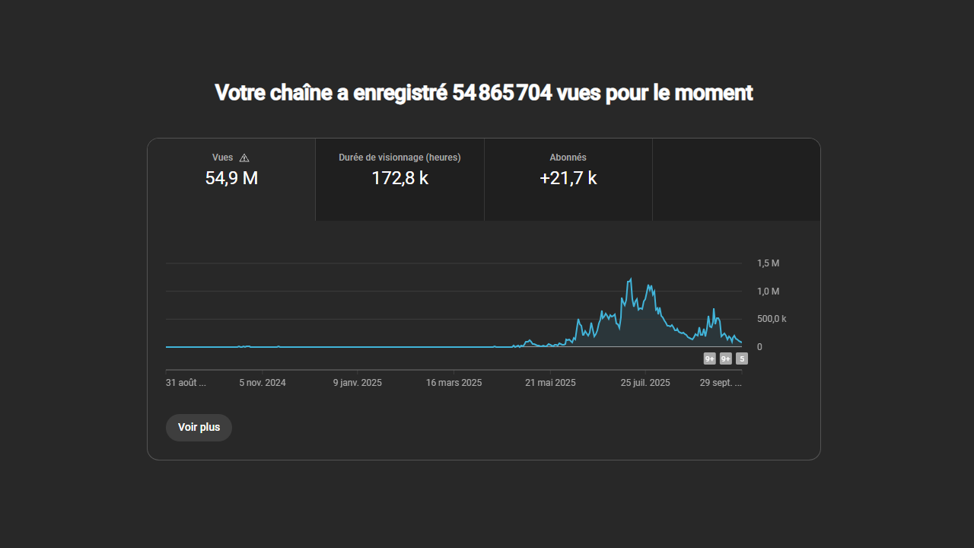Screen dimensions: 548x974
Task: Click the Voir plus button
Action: pos(199,428)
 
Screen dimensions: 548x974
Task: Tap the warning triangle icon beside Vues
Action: pos(244,158)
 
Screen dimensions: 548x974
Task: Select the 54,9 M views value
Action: pos(231,179)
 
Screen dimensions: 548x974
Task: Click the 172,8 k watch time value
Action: pos(399,179)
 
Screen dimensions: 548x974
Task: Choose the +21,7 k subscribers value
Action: pos(568,179)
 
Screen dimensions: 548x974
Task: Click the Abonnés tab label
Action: pos(568,158)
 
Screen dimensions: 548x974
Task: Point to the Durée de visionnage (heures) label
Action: pos(399,158)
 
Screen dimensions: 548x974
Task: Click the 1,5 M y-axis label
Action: pos(768,263)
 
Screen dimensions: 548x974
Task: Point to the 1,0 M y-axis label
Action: pos(768,292)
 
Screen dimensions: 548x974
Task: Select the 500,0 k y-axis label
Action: pos(771,319)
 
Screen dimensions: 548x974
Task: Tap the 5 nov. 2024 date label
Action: pos(263,383)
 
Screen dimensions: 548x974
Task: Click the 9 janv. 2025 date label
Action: pos(358,383)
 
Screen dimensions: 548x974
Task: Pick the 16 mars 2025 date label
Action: pos(454,383)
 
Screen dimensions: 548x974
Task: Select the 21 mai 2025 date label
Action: pos(550,383)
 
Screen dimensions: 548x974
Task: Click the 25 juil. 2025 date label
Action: pos(645,383)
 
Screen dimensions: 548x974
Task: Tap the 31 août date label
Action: pos(186,383)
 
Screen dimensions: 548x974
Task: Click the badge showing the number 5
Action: pos(742,358)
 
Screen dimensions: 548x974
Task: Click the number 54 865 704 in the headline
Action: pos(502,93)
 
